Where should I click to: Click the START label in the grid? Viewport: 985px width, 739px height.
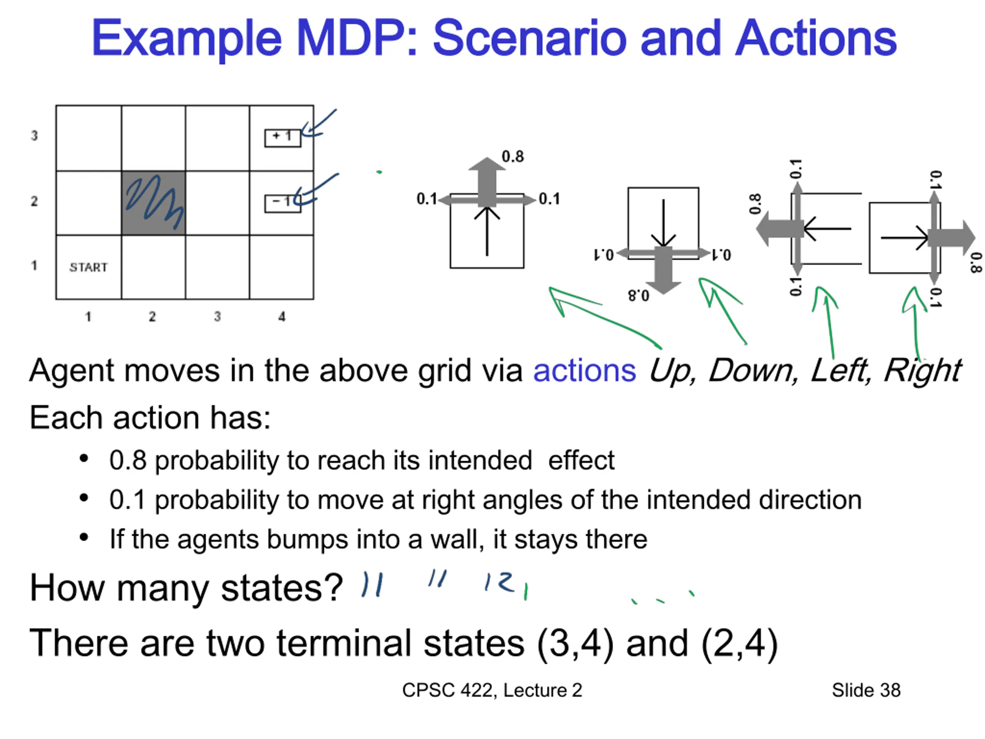88,267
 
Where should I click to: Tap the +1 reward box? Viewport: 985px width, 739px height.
283,138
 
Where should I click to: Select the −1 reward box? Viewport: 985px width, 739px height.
283,204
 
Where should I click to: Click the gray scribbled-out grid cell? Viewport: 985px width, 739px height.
153,203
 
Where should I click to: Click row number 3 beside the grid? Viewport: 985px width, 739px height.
34,135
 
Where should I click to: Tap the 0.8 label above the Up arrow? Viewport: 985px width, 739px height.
513,156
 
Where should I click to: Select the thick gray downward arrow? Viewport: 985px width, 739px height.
663,270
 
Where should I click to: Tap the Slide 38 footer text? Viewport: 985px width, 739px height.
866,690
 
